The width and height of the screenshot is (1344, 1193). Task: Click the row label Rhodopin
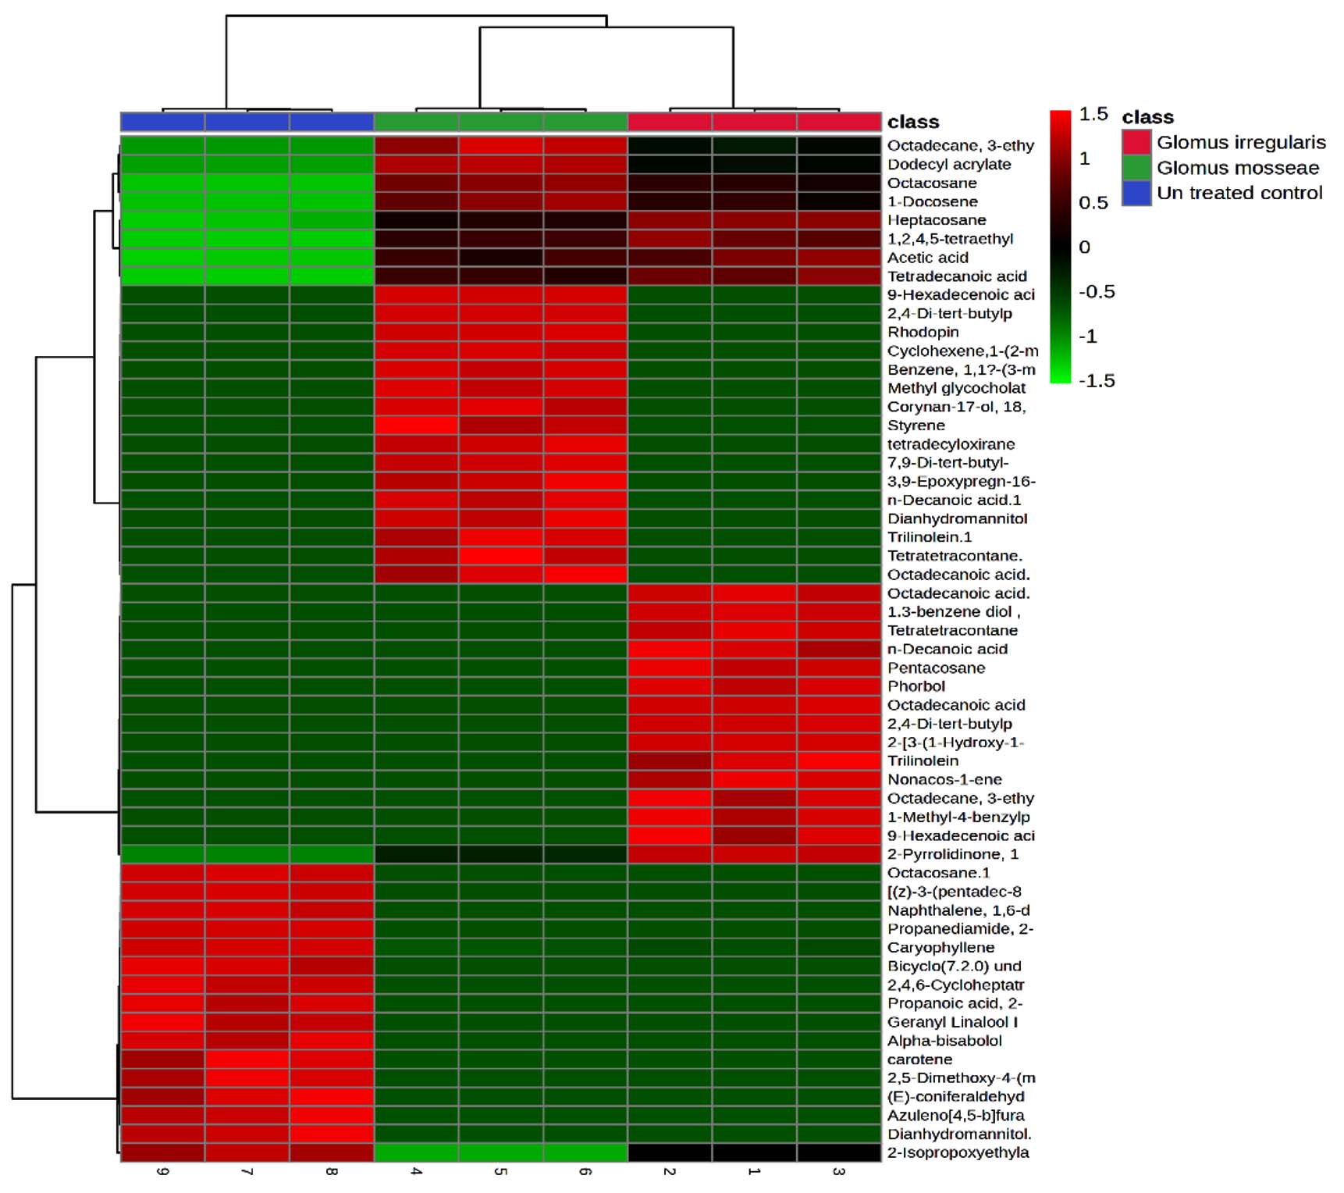(923, 332)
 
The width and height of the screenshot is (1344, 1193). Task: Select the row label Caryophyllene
(940, 947)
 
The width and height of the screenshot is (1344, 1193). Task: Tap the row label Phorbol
(916, 686)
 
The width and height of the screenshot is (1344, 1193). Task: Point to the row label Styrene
(916, 426)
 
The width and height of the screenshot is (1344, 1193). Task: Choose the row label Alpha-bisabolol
(944, 1041)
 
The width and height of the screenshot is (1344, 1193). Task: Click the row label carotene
(919, 1059)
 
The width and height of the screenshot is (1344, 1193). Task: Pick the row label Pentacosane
(936, 668)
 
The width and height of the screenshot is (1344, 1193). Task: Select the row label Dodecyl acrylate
(949, 164)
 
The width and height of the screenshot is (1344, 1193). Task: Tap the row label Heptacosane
(937, 220)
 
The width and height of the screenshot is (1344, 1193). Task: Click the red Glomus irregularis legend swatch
(1136, 142)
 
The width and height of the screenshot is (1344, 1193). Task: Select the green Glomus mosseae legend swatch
(1136, 168)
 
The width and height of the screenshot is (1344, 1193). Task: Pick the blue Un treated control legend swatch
(1136, 193)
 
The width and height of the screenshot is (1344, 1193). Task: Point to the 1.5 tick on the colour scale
(1093, 114)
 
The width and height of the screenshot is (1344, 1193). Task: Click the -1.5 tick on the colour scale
(1097, 381)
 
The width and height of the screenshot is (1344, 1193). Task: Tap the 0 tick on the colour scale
(1084, 248)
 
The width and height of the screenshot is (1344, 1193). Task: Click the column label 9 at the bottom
(162, 1172)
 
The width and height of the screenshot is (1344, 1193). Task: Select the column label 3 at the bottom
(838, 1172)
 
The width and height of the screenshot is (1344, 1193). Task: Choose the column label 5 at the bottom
(500, 1172)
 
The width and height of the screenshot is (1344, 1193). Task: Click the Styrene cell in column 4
(416, 426)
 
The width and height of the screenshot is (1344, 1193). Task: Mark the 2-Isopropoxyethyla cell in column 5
(500, 1152)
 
